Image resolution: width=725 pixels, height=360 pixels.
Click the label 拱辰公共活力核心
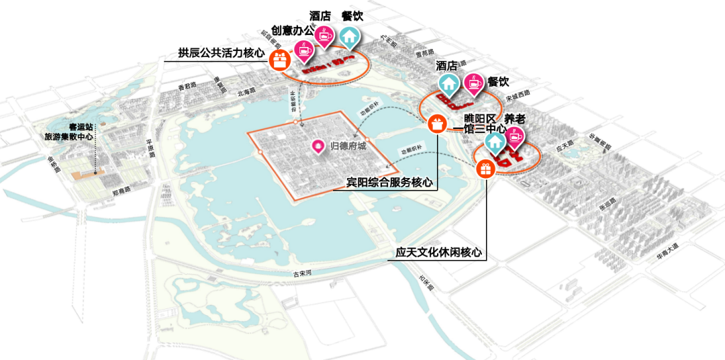[222, 53]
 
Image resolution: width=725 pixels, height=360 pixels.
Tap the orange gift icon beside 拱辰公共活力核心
[280, 60]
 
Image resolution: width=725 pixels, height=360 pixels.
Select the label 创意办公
[293, 30]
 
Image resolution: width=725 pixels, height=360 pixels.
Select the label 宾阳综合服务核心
[388, 182]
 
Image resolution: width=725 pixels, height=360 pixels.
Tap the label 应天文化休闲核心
[439, 253]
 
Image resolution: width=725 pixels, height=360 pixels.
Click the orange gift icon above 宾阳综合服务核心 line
[436, 124]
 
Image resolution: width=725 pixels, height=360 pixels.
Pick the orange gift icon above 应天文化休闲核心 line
[485, 168]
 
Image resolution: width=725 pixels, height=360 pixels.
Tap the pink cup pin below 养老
[514, 136]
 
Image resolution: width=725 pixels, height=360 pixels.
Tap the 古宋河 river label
[303, 274]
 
